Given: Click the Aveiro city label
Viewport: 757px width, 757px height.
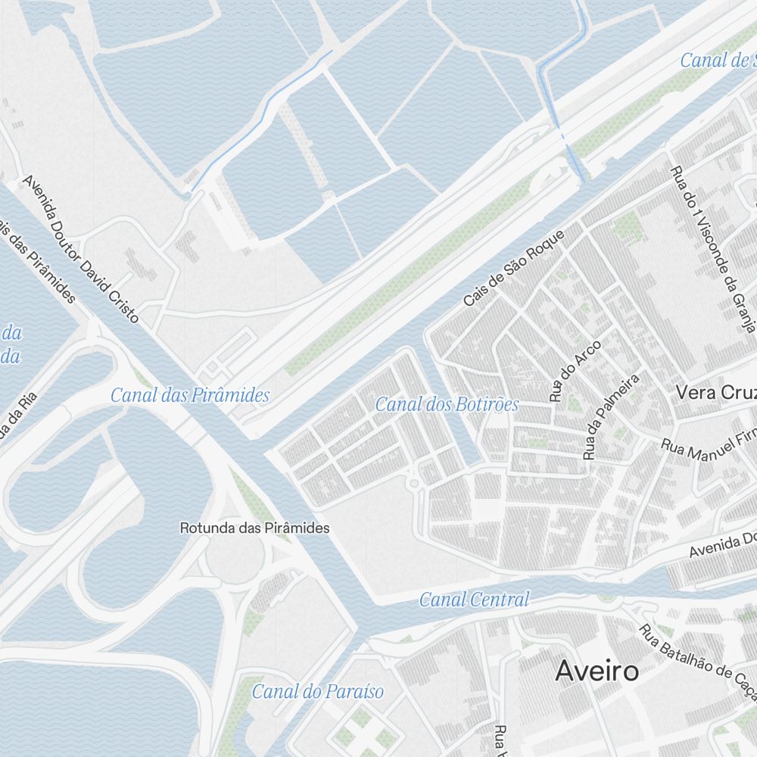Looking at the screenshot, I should tap(597, 671).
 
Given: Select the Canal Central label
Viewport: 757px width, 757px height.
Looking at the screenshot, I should tap(474, 600).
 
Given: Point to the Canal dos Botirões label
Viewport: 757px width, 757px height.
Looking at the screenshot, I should tap(447, 404).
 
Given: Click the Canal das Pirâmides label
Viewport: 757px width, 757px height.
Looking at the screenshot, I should tap(189, 395).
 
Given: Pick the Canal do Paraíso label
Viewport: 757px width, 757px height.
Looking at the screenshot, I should tap(317, 691).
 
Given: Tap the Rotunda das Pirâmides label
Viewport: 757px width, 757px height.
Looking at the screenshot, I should tap(254, 528).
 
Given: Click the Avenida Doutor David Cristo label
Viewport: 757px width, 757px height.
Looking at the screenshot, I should tap(81, 249).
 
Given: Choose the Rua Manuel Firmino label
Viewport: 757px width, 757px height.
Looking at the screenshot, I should tap(709, 447).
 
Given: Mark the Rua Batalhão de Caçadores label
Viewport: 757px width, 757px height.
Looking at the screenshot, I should tap(697, 665).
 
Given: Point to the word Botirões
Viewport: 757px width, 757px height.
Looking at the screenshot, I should tap(488, 404).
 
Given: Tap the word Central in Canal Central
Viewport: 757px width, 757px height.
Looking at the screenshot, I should tap(500, 600).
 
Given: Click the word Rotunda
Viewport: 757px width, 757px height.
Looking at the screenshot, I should tap(207, 528).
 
